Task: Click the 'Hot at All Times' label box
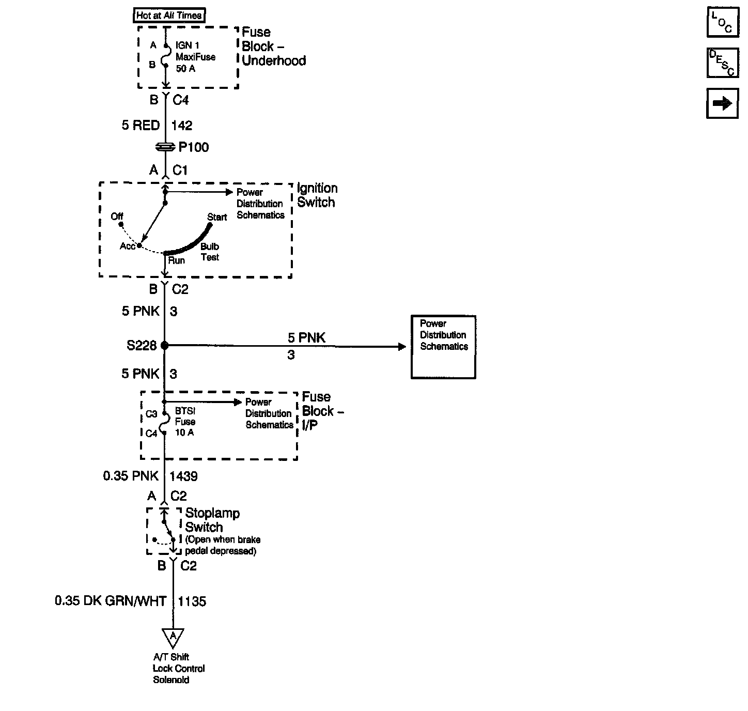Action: (x=169, y=16)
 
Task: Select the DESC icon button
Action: (x=722, y=63)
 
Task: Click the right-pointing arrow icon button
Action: (x=722, y=103)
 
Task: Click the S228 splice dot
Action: (x=165, y=345)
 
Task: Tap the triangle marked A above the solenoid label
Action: (x=173, y=637)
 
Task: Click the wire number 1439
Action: (x=183, y=476)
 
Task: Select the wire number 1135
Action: (x=192, y=601)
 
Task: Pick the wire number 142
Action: (x=181, y=126)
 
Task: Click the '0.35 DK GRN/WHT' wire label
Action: (x=111, y=601)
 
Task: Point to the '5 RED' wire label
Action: (x=141, y=126)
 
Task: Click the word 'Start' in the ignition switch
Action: (x=217, y=217)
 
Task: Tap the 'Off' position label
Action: (x=117, y=217)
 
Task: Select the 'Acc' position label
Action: (x=127, y=246)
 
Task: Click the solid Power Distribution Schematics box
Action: (x=443, y=347)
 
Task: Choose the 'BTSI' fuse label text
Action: (x=184, y=411)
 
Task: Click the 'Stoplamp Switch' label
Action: (x=212, y=520)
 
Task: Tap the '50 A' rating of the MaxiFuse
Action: (x=185, y=68)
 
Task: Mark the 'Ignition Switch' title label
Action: (x=317, y=195)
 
